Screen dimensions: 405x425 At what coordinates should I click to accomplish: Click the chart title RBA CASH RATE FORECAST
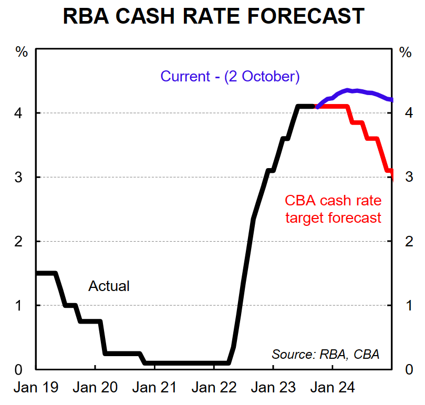pyautogui.click(x=213, y=16)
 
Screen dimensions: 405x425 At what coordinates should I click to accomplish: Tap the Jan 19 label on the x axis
pyautogui.click(x=35, y=388)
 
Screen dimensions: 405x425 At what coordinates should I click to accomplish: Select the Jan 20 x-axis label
pyautogui.click(x=95, y=388)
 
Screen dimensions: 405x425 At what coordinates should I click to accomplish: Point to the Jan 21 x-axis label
pyautogui.click(x=154, y=388)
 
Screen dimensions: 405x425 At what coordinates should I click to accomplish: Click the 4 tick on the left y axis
pyautogui.click(x=22, y=113)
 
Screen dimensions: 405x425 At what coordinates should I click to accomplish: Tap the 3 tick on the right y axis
pyautogui.click(x=405, y=177)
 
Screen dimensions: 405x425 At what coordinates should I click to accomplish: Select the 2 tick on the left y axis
pyautogui.click(x=22, y=241)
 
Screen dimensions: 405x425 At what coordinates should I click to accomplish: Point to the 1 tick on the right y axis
pyautogui.click(x=405, y=305)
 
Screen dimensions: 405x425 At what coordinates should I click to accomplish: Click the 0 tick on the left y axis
pyautogui.click(x=22, y=369)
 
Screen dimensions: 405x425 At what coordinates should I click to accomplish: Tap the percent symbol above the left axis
pyautogui.click(x=22, y=52)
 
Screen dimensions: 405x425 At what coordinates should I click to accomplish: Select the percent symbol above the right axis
pyautogui.click(x=405, y=52)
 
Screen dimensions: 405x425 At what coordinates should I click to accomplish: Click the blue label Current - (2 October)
pyautogui.click(x=230, y=77)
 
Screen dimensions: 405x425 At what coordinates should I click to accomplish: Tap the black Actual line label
pyautogui.click(x=109, y=286)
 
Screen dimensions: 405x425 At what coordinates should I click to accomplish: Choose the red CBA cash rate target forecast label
pyautogui.click(x=333, y=209)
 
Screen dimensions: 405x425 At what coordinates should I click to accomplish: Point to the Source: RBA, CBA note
pyautogui.click(x=325, y=354)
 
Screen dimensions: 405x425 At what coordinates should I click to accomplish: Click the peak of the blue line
pyautogui.click(x=348, y=90)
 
